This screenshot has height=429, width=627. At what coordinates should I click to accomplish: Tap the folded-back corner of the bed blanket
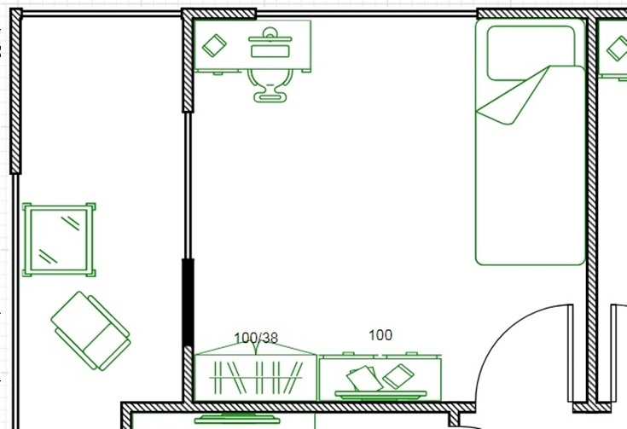[516, 96]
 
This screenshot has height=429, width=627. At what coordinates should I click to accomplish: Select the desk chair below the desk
[270, 85]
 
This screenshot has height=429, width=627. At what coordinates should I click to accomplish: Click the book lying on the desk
[214, 45]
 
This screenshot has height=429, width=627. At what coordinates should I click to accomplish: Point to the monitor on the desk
[270, 35]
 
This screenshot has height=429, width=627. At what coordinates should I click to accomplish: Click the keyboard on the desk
[270, 51]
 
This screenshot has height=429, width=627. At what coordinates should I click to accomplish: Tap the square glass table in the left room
[59, 240]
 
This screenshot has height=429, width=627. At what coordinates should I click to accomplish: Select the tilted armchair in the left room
[90, 331]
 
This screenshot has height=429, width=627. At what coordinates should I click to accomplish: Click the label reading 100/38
[256, 339]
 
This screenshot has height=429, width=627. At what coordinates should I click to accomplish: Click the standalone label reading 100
[380, 335]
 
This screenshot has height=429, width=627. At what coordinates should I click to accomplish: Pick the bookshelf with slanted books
[256, 378]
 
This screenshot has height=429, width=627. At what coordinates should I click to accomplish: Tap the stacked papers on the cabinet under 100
[363, 378]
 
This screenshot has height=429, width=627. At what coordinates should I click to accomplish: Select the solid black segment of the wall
[188, 302]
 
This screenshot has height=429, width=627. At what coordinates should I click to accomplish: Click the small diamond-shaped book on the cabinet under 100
[398, 376]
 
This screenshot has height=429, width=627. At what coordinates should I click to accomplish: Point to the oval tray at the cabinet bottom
[380, 395]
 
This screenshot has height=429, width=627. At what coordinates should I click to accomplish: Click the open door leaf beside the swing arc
[571, 353]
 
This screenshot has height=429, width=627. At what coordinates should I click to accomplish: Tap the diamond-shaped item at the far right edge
[618, 49]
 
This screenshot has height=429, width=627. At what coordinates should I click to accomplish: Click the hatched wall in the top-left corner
[15, 91]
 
